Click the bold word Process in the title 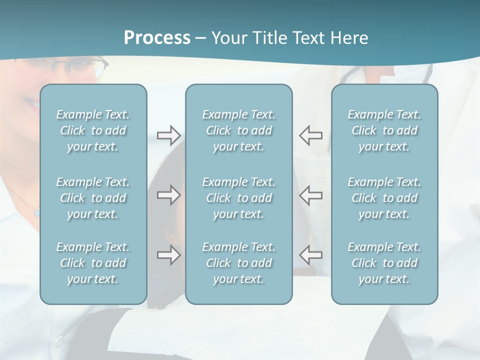coord(157,38)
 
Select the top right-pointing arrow coord(168,135)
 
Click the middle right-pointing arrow coord(168,195)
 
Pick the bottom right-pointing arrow coord(168,255)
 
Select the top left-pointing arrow coord(311,135)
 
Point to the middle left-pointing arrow coord(311,195)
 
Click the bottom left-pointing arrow coord(311,255)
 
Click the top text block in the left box coord(93,130)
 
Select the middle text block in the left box coord(93,198)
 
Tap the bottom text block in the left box coord(93,263)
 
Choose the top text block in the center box coord(239,130)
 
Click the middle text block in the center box coord(239,198)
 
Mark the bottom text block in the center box coord(239,263)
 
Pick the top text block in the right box coord(384,130)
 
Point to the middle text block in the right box coord(384,198)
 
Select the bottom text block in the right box coord(384,263)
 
